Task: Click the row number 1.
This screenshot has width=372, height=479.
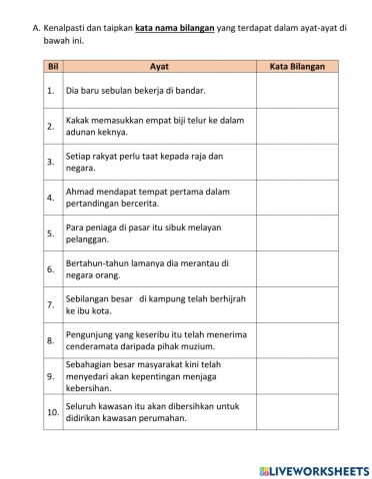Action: click(x=50, y=91)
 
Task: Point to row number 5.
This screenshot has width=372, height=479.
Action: click(x=50, y=234)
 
